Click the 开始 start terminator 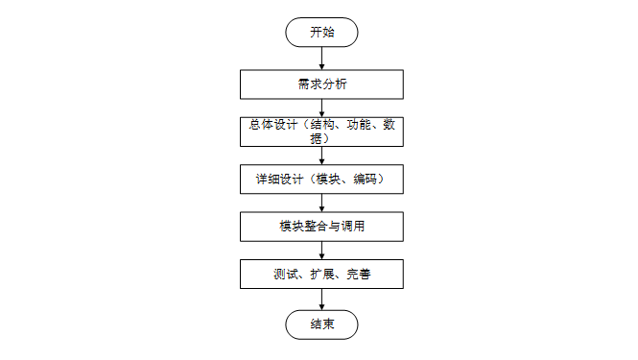coord(321,32)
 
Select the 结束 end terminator coord(321,324)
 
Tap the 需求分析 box coord(321,84)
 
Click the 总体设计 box coord(321,132)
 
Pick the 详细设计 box coord(321,180)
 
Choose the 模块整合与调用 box coord(321,228)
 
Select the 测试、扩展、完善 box coord(321,276)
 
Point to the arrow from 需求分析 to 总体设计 coord(321,107)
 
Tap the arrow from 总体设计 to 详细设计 coord(321,156)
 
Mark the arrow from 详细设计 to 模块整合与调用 coord(321,204)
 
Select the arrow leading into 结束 coord(321,300)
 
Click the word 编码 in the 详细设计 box coord(365,180)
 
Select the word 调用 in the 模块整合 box coord(352,228)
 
